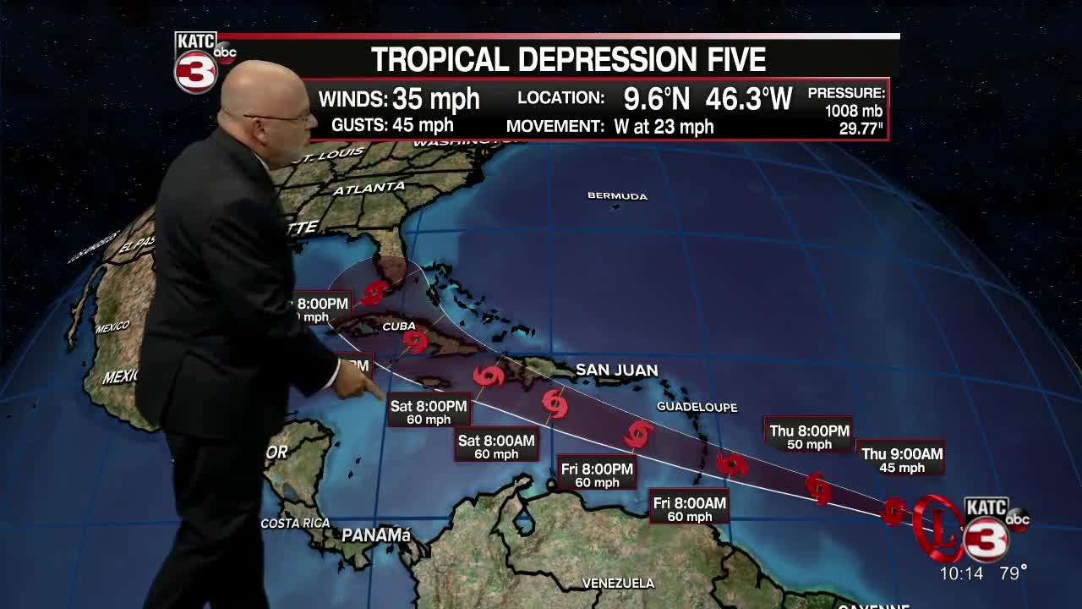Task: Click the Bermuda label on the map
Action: [617, 196]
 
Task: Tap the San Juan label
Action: [616, 370]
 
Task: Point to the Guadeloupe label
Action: [697, 407]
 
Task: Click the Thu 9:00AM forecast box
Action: [901, 460]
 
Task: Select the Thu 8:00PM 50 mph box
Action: [809, 437]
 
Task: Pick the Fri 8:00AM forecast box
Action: [689, 509]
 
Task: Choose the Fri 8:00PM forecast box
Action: [597, 475]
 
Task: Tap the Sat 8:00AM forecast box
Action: [496, 447]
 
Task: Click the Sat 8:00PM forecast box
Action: [429, 412]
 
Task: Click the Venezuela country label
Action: [618, 583]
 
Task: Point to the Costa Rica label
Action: [295, 524]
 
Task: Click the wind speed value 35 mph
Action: [436, 99]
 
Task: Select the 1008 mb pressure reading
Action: [854, 111]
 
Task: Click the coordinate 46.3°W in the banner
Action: [749, 99]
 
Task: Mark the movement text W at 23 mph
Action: [659, 127]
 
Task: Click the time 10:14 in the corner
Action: [961, 573]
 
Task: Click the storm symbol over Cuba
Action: [415, 340]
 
